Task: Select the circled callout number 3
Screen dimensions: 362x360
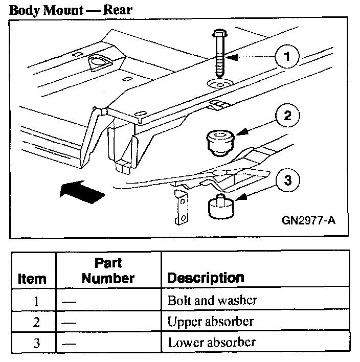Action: point(288,180)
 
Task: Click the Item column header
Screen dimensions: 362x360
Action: point(32,279)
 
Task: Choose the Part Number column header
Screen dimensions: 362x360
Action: point(108,271)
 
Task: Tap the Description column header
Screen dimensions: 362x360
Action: point(206,278)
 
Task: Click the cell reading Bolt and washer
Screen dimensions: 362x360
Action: point(212,300)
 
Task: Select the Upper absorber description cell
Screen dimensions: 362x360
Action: point(211,322)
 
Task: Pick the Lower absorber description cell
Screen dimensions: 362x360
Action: point(211,342)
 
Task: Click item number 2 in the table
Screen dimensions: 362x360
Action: point(36,322)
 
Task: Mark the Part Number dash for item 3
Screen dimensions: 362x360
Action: point(69,343)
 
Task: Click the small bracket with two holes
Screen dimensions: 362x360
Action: point(179,207)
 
